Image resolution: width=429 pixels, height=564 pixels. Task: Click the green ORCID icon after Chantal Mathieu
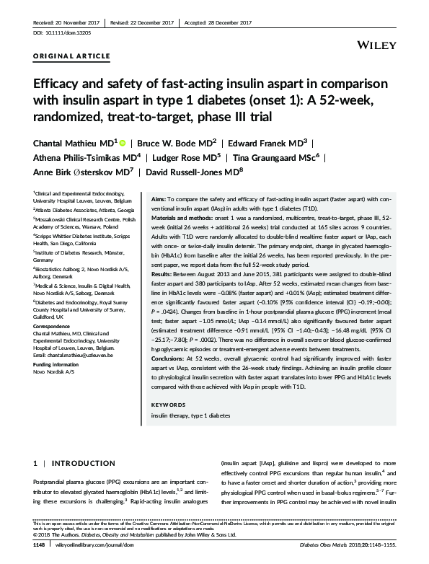pyautogui.click(x=123, y=143)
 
